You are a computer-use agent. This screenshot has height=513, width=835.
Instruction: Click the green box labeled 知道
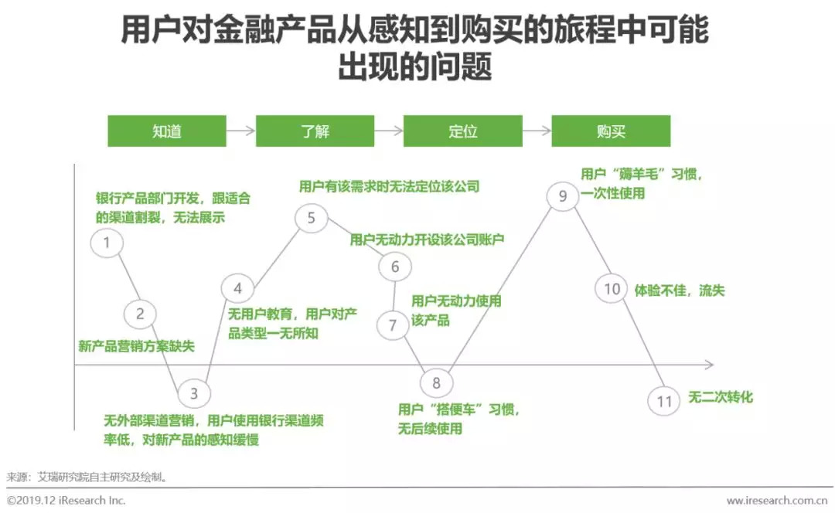pyautogui.click(x=166, y=131)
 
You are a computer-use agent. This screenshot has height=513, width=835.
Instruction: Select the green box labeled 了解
pyautogui.click(x=315, y=131)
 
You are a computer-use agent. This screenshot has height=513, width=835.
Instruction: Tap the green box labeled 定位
pyautogui.click(x=462, y=131)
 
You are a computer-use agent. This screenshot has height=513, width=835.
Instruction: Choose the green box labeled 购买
pyautogui.click(x=611, y=131)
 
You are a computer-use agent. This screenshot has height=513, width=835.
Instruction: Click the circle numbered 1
pyautogui.click(x=107, y=243)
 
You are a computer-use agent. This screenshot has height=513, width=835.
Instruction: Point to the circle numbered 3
pyautogui.click(x=193, y=393)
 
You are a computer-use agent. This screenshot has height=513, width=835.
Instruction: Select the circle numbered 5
pyautogui.click(x=311, y=218)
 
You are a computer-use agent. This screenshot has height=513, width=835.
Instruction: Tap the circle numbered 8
pyautogui.click(x=436, y=382)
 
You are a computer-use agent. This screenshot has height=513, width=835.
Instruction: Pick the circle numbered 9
pyautogui.click(x=562, y=195)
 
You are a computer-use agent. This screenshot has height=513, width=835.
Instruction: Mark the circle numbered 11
pyautogui.click(x=664, y=401)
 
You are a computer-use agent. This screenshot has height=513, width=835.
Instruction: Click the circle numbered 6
pyautogui.click(x=395, y=267)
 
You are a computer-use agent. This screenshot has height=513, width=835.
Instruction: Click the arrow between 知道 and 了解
pyautogui.click(x=240, y=131)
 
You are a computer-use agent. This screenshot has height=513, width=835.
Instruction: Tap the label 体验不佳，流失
pyautogui.click(x=680, y=290)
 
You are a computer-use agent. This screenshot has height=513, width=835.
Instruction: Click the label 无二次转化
pyautogui.click(x=721, y=398)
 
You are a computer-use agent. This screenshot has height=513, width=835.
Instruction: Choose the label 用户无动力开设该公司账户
pyautogui.click(x=427, y=240)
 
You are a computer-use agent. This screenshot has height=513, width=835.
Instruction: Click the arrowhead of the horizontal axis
pyautogui.click(x=709, y=364)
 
